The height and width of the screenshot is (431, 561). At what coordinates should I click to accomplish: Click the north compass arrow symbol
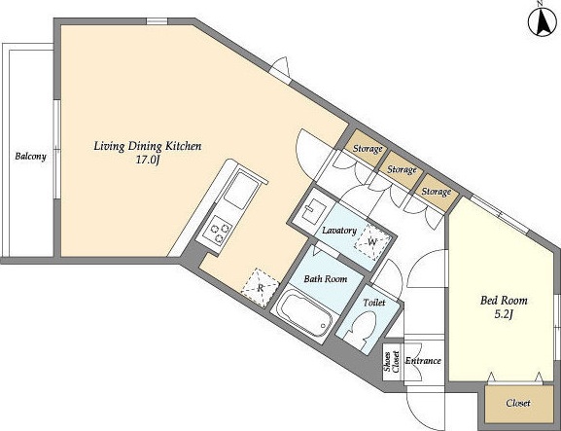[x=543, y=21]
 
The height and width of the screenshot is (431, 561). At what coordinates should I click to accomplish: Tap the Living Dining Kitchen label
[x=148, y=147]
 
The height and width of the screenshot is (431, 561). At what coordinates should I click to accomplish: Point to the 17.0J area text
[x=147, y=160]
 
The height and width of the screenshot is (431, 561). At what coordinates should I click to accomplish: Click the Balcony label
[x=31, y=157]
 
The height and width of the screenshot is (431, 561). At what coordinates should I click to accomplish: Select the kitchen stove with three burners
[x=218, y=231]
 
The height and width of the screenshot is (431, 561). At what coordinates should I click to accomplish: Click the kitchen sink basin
[x=241, y=190]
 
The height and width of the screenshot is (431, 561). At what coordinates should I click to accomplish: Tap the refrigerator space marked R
[x=261, y=288]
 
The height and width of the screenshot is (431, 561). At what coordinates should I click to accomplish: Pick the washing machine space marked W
[x=372, y=242]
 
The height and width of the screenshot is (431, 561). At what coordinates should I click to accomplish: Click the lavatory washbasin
[x=314, y=210]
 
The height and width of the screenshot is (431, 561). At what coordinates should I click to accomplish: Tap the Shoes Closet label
[x=392, y=362]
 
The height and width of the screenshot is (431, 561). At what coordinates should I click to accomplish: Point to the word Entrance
[x=423, y=361]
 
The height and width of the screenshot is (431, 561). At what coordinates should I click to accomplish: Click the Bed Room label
[x=504, y=301]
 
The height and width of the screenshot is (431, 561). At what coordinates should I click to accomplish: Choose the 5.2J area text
[x=504, y=314]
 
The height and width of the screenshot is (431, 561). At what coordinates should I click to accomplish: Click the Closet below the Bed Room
[x=517, y=404]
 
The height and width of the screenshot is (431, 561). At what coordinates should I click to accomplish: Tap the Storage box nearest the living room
[x=366, y=148]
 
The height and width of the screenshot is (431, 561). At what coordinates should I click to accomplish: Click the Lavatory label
[x=339, y=231]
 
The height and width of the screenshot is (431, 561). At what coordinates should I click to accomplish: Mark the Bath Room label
[x=325, y=278]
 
